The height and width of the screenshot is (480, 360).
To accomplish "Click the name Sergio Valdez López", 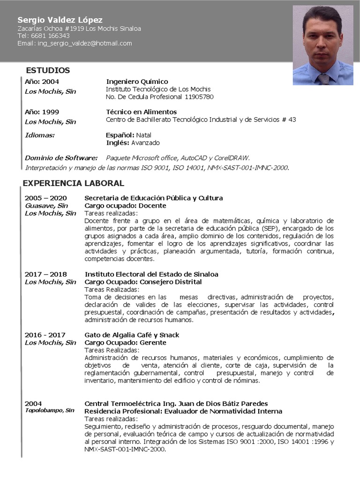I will [x=60, y=20].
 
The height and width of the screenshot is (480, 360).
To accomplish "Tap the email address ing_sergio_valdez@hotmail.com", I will [x=85, y=43].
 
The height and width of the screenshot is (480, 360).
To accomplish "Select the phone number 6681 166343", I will [x=50, y=36].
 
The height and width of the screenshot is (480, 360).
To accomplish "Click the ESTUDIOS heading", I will [x=48, y=70].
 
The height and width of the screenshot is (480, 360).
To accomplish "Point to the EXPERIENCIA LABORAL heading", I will [x=74, y=183].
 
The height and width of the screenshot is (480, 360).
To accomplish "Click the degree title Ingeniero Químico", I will [x=137, y=82].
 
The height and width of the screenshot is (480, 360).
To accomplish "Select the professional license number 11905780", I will [x=199, y=97].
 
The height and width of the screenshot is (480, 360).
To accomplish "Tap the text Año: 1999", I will [x=42, y=112].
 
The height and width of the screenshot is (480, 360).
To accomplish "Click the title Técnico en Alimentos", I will [x=142, y=112].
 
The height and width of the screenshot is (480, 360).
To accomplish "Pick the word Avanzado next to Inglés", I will [x=145, y=143].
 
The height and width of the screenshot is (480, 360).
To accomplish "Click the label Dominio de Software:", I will [x=61, y=158].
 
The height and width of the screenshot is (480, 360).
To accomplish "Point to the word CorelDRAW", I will [x=232, y=158].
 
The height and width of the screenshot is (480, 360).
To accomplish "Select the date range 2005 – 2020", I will [x=45, y=198].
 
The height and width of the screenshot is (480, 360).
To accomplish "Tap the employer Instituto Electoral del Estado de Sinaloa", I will [x=151, y=274].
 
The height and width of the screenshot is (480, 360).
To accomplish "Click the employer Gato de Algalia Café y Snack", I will [x=132, y=335].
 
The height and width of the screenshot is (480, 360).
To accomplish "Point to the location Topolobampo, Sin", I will [x=50, y=410].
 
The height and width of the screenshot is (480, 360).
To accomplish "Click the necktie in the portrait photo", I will [x=324, y=78].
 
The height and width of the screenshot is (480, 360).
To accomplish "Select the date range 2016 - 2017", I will [x=45, y=335].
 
